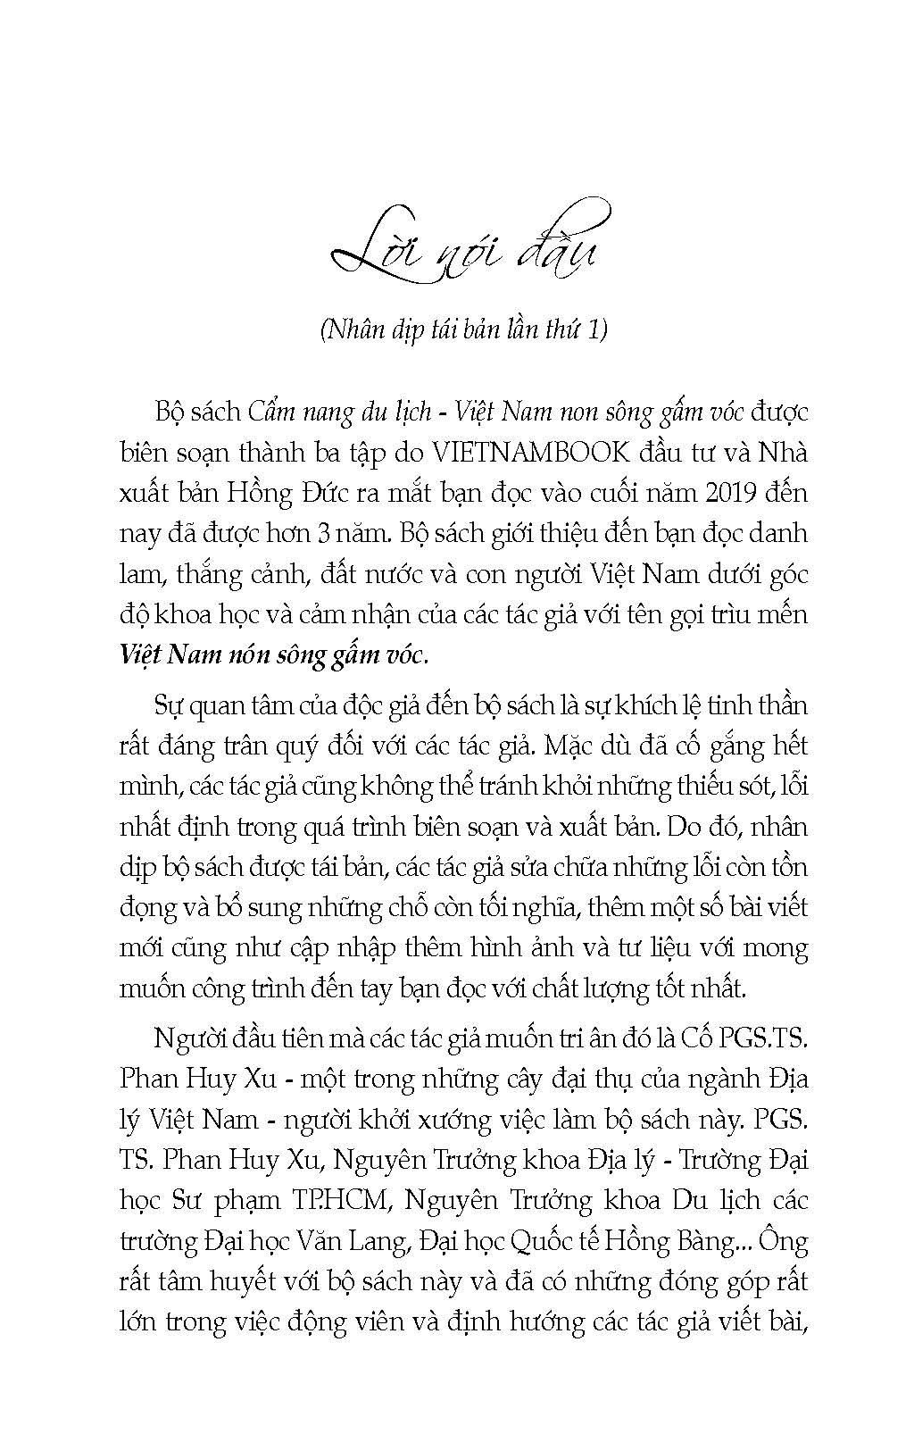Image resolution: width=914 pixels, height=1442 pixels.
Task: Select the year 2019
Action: (x=706, y=492)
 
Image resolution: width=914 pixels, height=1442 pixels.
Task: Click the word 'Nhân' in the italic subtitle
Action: (x=355, y=329)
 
